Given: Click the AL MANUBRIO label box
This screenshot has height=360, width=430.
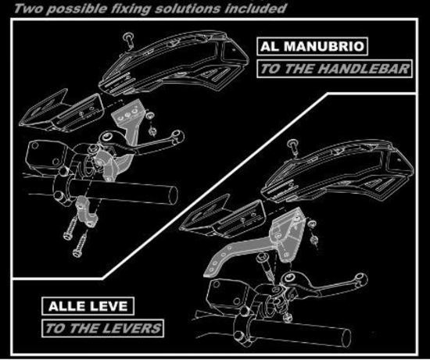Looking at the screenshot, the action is click(312, 47).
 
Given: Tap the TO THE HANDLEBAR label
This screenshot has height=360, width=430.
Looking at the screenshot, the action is click(335, 69).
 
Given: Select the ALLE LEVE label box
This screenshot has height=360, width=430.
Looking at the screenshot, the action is click(88, 306).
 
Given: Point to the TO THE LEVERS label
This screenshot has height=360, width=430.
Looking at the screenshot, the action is click(103, 328).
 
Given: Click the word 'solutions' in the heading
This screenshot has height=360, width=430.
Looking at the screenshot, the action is click(188, 9).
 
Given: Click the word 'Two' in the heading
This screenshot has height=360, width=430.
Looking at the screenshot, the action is click(28, 9).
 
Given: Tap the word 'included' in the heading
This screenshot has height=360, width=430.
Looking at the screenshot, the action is click(256, 9).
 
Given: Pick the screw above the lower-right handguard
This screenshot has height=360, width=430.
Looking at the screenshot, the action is click(293, 147).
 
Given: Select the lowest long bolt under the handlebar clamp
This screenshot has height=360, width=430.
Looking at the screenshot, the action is click(80, 244).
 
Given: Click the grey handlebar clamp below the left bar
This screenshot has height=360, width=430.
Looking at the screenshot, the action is click(86, 211).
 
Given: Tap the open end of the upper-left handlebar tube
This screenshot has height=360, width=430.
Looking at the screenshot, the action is click(173, 195).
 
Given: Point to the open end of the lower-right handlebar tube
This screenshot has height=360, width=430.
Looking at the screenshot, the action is click(346, 338).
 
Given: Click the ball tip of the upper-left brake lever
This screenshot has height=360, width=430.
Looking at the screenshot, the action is click(177, 136).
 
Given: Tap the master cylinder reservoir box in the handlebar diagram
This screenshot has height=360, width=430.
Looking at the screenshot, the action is click(47, 155).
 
